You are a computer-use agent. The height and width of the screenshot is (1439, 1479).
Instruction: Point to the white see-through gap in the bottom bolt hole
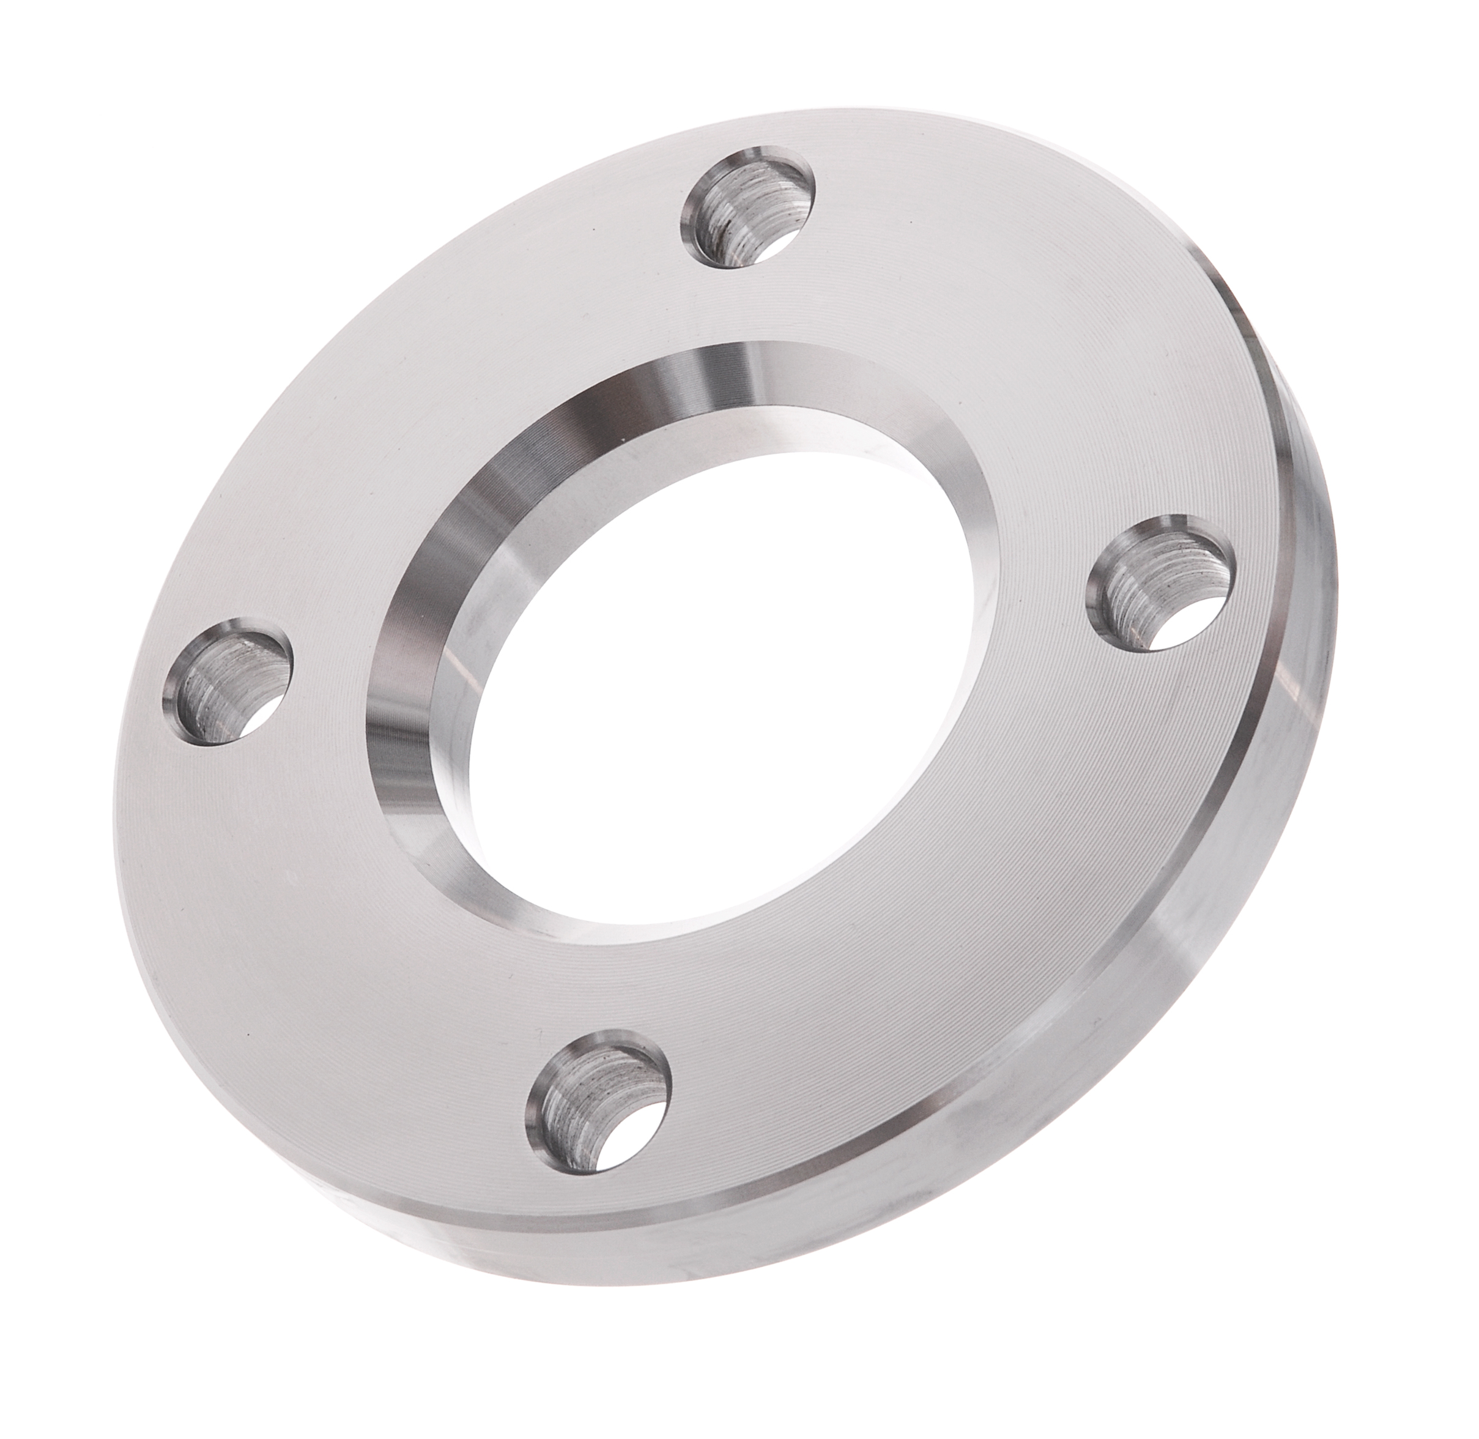tap(631, 1134)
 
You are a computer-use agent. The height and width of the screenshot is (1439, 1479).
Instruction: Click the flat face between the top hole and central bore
tap(756, 318)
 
